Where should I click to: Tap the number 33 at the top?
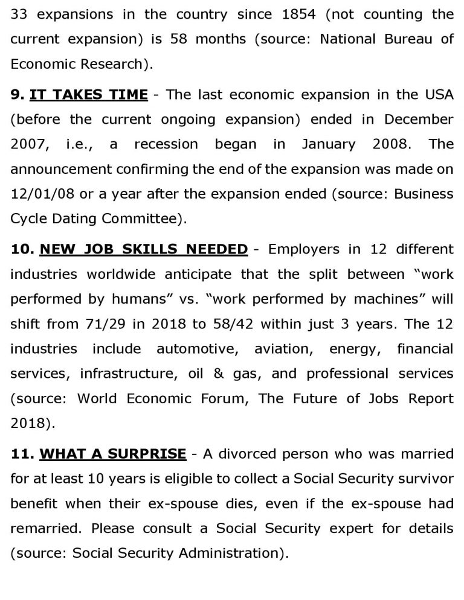tap(19, 14)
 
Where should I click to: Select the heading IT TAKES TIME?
tap(88, 94)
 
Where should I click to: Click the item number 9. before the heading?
tap(17, 94)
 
